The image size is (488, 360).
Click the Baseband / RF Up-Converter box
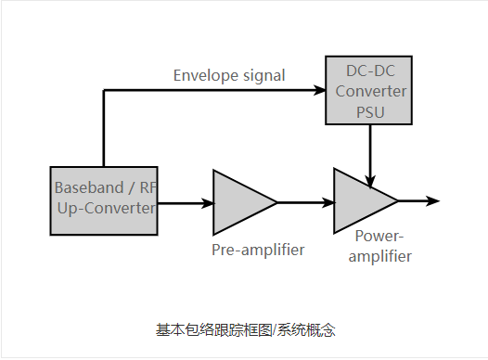[103, 200]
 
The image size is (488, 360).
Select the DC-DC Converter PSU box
[370, 91]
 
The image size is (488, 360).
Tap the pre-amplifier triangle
[240, 201]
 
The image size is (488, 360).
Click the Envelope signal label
[229, 75]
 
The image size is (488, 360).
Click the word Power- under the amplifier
[380, 237]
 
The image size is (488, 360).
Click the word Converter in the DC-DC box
[371, 91]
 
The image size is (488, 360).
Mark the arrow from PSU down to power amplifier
[371, 153]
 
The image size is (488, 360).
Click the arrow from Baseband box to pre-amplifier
[184, 201]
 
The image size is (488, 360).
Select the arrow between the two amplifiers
[305, 201]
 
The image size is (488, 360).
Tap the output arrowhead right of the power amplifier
[432, 200]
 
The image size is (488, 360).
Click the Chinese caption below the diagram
[245, 329]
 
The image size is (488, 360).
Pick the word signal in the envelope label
[263, 75]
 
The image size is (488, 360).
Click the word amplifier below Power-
[379, 256]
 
